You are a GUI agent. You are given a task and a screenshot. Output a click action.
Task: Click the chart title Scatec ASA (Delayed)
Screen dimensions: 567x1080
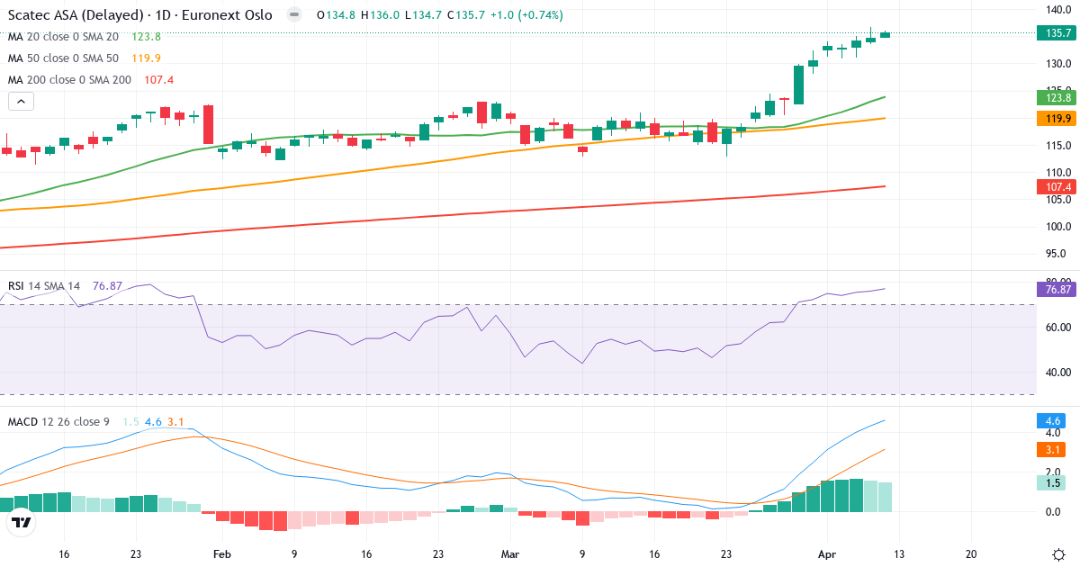pyautogui.click(x=77, y=15)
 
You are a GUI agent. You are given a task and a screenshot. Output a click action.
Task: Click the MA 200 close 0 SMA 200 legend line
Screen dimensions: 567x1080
pyautogui.click(x=70, y=80)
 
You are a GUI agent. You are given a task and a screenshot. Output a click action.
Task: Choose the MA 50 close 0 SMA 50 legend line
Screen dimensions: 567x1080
pyautogui.click(x=63, y=58)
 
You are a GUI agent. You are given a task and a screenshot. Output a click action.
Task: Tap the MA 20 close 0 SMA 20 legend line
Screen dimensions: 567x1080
pyautogui.click(x=63, y=37)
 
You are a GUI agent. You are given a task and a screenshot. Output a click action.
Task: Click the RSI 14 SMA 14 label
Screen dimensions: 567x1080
pyautogui.click(x=44, y=286)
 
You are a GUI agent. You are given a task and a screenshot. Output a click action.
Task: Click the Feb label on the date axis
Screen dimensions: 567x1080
pyautogui.click(x=222, y=554)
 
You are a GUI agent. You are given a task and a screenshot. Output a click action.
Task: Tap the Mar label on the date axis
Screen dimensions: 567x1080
pyautogui.click(x=511, y=554)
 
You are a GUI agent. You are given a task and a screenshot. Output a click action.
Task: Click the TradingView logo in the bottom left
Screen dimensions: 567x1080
pyautogui.click(x=22, y=522)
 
